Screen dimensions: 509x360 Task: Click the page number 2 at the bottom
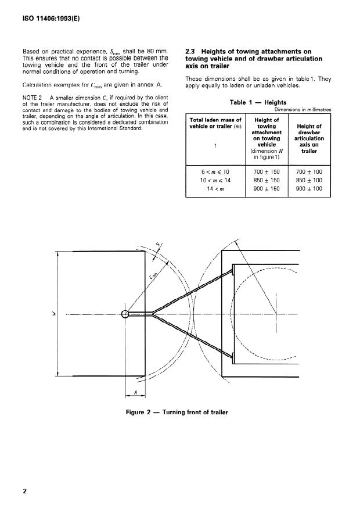pyautogui.click(x=24, y=491)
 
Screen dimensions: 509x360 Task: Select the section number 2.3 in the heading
pyautogui.click(x=190, y=51)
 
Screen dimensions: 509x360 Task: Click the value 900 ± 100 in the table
pyautogui.click(x=309, y=188)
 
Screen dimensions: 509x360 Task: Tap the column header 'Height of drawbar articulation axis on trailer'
pyautogui.click(x=309, y=137)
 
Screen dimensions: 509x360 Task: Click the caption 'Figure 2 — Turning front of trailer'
pyautogui.click(x=177, y=413)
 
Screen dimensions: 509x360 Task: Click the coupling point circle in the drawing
pyautogui.click(x=125, y=314)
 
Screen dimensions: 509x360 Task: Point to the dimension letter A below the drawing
pyautogui.click(x=135, y=392)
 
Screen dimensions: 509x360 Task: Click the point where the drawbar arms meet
pyautogui.click(x=152, y=314)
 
